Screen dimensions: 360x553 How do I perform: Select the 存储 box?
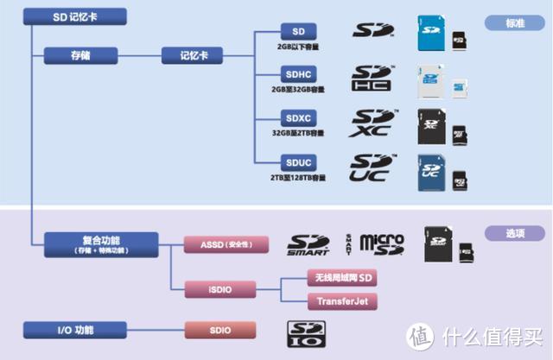79,56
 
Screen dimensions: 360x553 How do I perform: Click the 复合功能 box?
102,243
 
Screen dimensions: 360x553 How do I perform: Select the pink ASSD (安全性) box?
220,244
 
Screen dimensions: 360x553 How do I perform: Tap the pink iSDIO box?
220,287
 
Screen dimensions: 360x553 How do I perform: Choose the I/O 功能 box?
77,329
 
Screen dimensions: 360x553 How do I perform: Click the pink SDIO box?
220,329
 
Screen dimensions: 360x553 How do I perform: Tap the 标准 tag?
515,22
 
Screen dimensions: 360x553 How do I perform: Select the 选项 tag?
515,234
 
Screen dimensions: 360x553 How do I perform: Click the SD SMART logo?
309,245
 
